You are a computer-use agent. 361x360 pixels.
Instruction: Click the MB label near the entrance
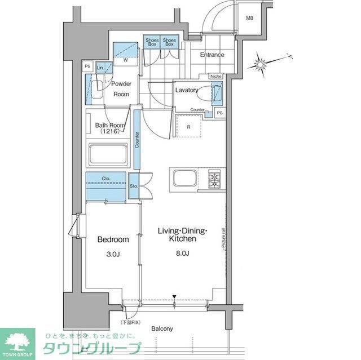(249, 18)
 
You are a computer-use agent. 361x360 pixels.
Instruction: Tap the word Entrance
(212, 55)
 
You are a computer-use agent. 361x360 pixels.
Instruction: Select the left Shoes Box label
(152, 41)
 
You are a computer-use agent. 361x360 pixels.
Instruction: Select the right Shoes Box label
(169, 41)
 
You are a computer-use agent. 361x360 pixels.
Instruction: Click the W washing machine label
(125, 60)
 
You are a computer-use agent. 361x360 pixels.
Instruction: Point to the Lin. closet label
(100, 68)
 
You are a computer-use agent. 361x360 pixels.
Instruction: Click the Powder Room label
(121, 89)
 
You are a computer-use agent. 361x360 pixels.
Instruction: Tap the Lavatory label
(186, 90)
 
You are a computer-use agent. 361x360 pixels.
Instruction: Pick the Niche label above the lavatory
(215, 76)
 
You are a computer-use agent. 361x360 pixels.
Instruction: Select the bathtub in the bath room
(108, 154)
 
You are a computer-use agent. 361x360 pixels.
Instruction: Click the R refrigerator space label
(188, 127)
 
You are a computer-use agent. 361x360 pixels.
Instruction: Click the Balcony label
(162, 328)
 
